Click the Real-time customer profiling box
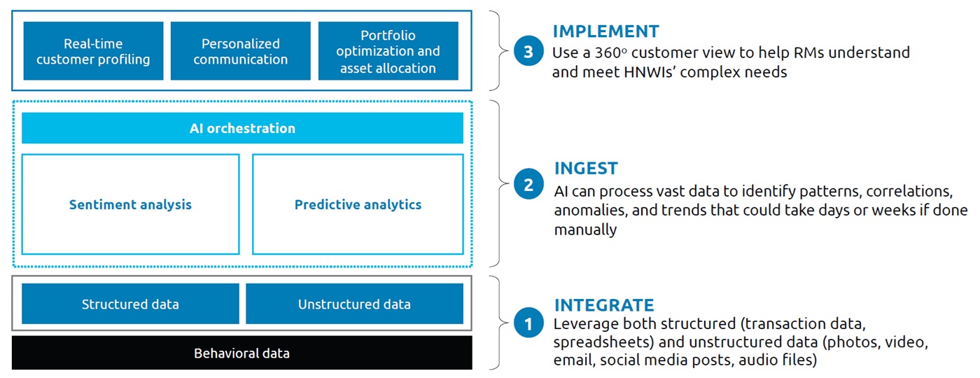tap(93, 51)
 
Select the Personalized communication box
tap(240, 51)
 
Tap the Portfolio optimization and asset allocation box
tap(388, 51)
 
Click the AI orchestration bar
tap(242, 128)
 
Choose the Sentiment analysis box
tap(130, 204)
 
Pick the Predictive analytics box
tap(358, 204)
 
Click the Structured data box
tap(130, 304)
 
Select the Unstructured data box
tap(354, 304)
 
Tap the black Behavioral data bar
tap(242, 353)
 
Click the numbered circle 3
tap(528, 51)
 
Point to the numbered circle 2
tap(528, 185)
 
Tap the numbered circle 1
tap(528, 324)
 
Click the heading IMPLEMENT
tap(605, 31)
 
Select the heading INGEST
tap(586, 169)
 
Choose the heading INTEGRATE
tap(604, 305)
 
